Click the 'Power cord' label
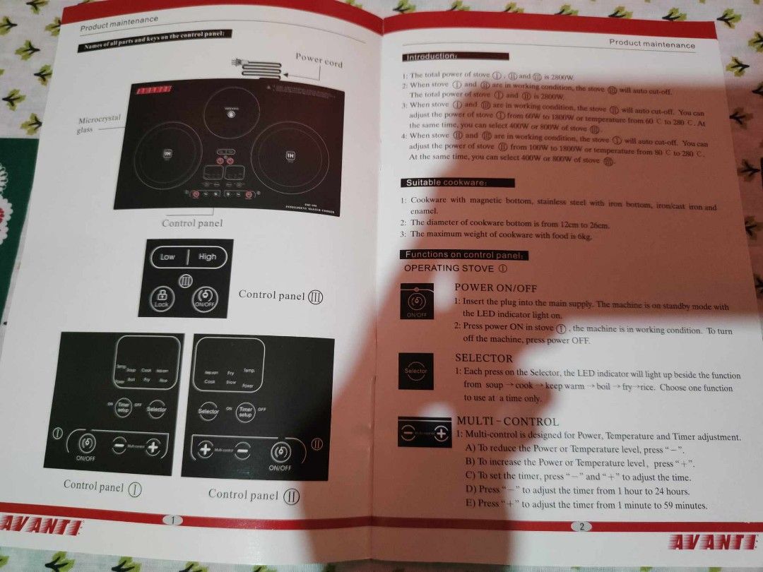click(x=319, y=60)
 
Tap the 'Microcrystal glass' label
click(x=100, y=124)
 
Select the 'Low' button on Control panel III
click(x=167, y=257)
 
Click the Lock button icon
click(x=162, y=297)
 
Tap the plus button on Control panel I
click(x=152, y=446)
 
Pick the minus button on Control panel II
click(x=242, y=450)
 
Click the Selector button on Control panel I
click(x=156, y=409)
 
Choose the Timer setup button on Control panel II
click(x=246, y=412)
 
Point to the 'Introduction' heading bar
click(x=455, y=56)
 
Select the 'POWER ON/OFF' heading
click(x=495, y=288)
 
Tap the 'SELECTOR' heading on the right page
click(x=483, y=358)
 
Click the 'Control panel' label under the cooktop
click(x=191, y=223)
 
